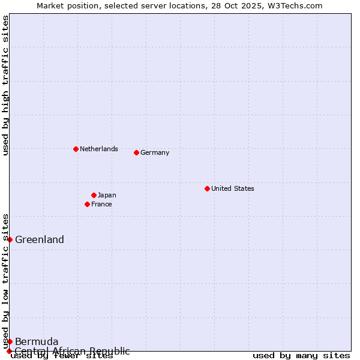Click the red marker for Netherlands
pyautogui.click(x=76, y=149)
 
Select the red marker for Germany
pyautogui.click(x=136, y=152)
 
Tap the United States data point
pyautogui.click(x=207, y=188)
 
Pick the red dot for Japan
pyautogui.click(x=94, y=195)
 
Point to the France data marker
pyautogui.click(x=87, y=204)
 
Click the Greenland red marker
pyautogui.click(x=10, y=239)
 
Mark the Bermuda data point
pyautogui.click(x=10, y=341)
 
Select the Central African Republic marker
pyautogui.click(x=9, y=351)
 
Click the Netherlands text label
pyautogui.click(x=99, y=149)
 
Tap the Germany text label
pyautogui.click(x=155, y=152)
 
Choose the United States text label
pyautogui.click(x=233, y=188)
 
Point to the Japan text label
pyautogui.click(x=107, y=195)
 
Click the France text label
pyautogui.click(x=101, y=204)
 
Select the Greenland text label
pyautogui.click(x=40, y=240)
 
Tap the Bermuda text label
pyautogui.click(x=37, y=342)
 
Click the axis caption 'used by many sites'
pyautogui.click(x=301, y=356)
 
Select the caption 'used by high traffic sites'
pyautogui.click(x=5, y=86)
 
